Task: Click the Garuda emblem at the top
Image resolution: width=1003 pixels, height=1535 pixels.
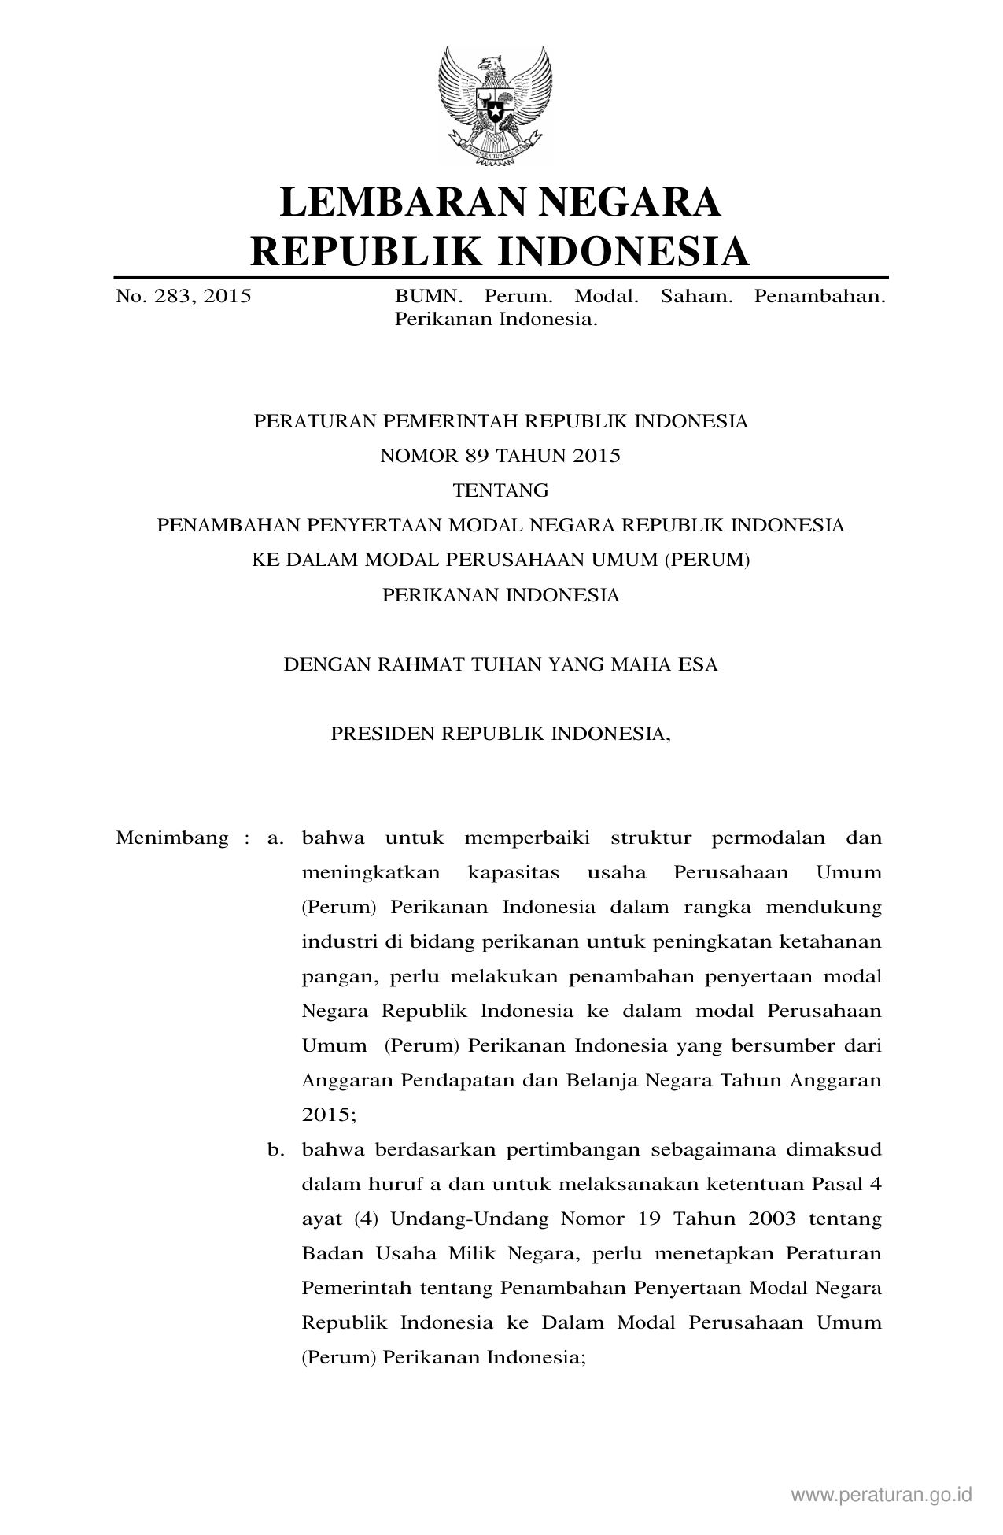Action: coord(496,105)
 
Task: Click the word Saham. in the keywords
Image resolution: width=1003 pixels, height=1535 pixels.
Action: coord(696,297)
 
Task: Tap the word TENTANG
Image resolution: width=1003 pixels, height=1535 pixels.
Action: coord(500,490)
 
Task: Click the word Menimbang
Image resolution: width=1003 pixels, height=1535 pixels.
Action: coord(171,838)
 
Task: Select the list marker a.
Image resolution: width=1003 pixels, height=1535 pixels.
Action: coord(275,838)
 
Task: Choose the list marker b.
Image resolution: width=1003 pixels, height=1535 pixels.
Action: coord(275,1149)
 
